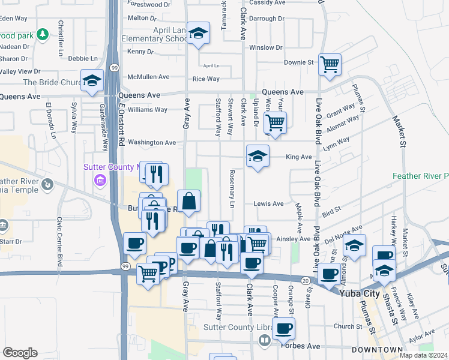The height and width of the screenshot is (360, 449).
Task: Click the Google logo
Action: coord(20,353)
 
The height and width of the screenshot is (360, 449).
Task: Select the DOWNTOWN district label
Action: coord(377,350)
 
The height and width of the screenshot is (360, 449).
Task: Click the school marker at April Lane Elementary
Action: coord(197,35)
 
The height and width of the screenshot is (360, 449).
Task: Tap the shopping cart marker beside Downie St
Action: coord(330,64)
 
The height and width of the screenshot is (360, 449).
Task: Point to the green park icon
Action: coord(42,35)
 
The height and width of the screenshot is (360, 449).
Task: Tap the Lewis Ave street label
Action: coord(268,204)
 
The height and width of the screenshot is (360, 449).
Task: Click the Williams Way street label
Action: coord(148,110)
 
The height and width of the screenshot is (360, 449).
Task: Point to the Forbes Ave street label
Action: coord(306,346)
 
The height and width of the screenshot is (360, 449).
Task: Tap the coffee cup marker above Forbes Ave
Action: coord(284,328)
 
